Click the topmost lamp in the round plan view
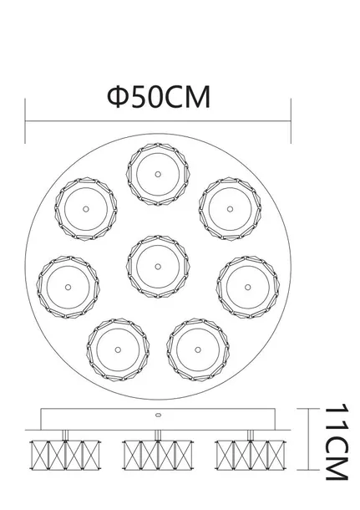(x=157, y=175)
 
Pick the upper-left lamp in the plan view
(x=85, y=207)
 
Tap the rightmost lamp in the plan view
(x=246, y=283)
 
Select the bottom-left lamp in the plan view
(x=116, y=346)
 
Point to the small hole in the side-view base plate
(x=157, y=415)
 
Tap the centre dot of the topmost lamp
(x=157, y=175)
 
